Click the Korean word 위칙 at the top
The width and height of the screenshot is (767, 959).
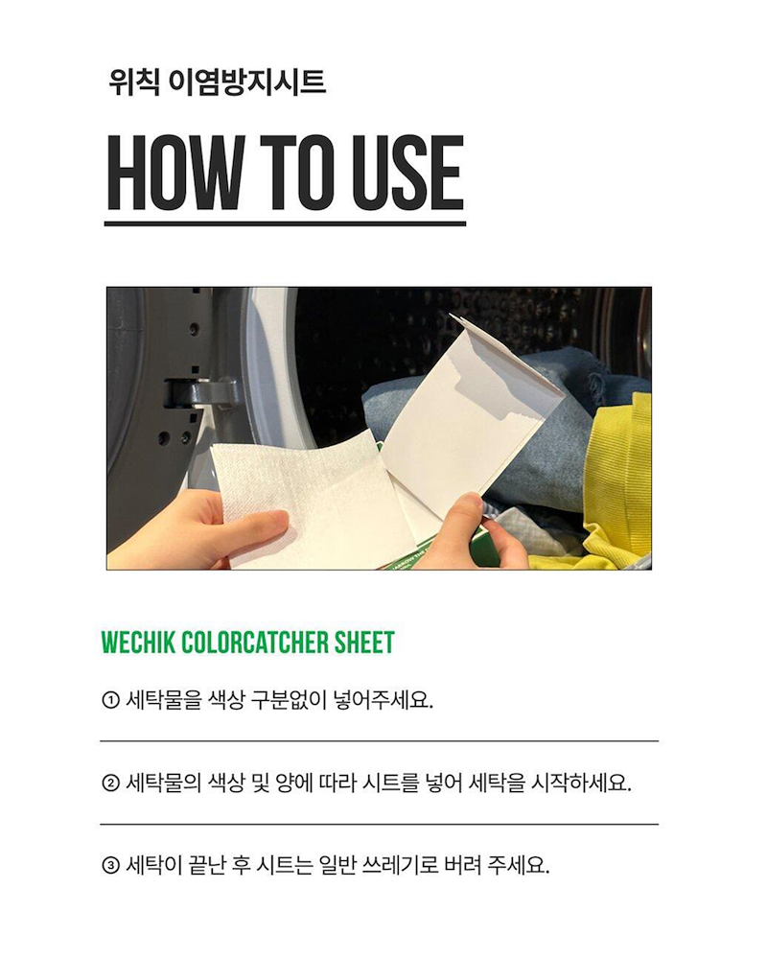(x=134, y=82)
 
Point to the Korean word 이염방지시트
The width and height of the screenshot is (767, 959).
(x=247, y=82)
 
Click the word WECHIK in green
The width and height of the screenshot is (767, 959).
(x=138, y=643)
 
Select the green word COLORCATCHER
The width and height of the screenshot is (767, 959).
(x=255, y=643)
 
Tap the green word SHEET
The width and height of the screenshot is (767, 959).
(x=364, y=643)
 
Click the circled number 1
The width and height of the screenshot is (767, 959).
(x=110, y=700)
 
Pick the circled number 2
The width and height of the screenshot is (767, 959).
(x=110, y=783)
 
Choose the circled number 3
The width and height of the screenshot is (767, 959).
(x=110, y=865)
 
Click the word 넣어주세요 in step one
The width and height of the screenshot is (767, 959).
(x=383, y=700)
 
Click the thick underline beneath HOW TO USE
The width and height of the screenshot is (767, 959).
(x=285, y=223)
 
